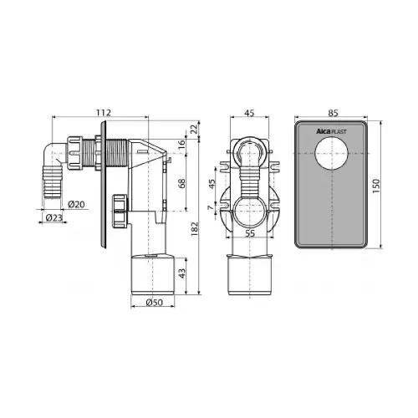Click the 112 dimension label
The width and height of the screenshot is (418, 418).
[x=104, y=113]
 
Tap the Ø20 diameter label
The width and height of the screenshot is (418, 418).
[x=76, y=204]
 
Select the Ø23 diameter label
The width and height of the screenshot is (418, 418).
[x=54, y=217]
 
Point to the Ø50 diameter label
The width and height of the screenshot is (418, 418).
[x=154, y=302]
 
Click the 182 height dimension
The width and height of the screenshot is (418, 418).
[x=194, y=229]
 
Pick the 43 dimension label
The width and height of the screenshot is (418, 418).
[x=181, y=273]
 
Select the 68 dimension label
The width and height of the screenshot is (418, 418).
[x=181, y=183]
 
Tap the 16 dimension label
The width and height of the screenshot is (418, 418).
[x=181, y=144]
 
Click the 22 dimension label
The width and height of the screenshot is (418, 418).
[x=194, y=129]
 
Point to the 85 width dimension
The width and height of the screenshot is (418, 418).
[x=333, y=113]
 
